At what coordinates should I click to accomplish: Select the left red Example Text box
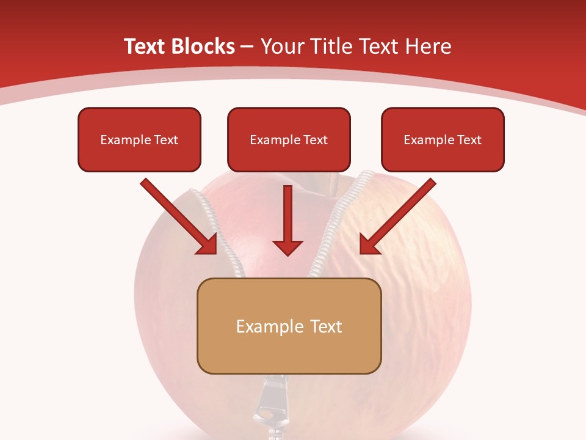point(139,139)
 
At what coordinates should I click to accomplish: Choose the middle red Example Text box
point(289,139)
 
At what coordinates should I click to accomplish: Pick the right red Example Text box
point(443,139)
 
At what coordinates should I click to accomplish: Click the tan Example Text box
point(289,326)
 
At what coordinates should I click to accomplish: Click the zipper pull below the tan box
point(266,403)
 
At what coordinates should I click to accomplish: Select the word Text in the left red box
point(165,139)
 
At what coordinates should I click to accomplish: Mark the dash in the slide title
point(247,46)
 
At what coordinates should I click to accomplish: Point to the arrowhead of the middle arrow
point(288,248)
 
